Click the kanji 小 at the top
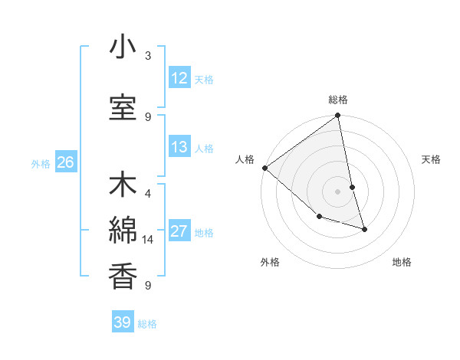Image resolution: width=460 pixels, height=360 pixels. coord(123,48)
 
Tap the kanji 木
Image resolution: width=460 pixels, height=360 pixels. coord(123,187)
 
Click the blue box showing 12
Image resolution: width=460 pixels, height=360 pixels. coord(179,78)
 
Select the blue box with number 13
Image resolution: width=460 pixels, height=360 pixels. coord(179,147)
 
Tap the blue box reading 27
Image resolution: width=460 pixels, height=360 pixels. coord(179,231)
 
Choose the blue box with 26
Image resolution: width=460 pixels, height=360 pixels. coord(65,162)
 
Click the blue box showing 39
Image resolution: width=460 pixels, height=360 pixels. coord(123,322)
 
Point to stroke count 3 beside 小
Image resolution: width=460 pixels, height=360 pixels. coord(148,56)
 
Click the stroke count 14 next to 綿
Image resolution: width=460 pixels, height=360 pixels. coord(148,240)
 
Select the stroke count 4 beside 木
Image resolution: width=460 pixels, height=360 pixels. coord(148,195)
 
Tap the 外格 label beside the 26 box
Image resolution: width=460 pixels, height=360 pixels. coord(41,163)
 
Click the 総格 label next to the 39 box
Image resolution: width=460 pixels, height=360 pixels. coord(147,324)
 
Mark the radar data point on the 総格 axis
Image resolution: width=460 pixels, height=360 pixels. coord(337,116)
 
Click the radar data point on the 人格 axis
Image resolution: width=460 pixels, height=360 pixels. coord(264,168)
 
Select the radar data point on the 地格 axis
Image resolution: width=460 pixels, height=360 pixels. coord(364,229)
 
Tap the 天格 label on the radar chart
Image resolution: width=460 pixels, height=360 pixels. coord(431,159)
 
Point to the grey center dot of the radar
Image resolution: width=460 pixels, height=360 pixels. coord(337,191)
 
